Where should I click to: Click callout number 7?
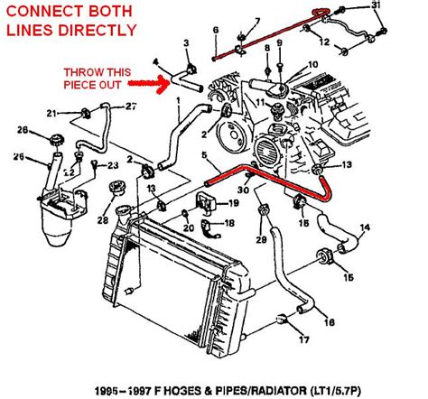coord(260,20)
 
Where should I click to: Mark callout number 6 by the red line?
coord(215,32)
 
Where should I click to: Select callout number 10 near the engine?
coord(313,65)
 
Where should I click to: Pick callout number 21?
coord(53,113)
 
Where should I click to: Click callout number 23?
coord(113,165)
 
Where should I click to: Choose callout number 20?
coord(187,228)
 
